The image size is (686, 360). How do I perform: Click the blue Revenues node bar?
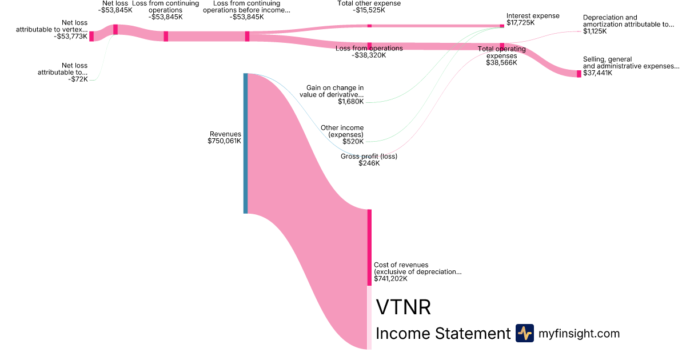(x=246, y=143)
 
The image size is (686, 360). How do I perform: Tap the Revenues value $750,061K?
(x=225, y=141)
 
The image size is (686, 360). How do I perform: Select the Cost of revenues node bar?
(x=369, y=247)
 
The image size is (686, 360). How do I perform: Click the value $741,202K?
(x=390, y=279)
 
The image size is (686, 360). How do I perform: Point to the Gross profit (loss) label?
(x=369, y=156)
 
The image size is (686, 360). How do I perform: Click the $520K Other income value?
(x=353, y=141)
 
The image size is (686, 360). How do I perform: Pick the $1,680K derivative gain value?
(x=350, y=102)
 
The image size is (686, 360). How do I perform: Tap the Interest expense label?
(x=533, y=16)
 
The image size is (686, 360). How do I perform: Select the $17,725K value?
(x=520, y=23)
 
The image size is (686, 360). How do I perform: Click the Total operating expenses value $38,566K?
(x=501, y=62)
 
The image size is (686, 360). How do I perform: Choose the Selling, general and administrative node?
(x=579, y=74)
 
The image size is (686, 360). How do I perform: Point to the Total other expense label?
(x=369, y=3)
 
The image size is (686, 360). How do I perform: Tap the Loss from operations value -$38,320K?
(x=369, y=55)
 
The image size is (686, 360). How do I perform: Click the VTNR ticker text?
(x=403, y=307)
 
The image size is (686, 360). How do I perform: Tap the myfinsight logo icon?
(x=524, y=333)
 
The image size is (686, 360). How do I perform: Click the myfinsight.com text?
(x=579, y=333)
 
